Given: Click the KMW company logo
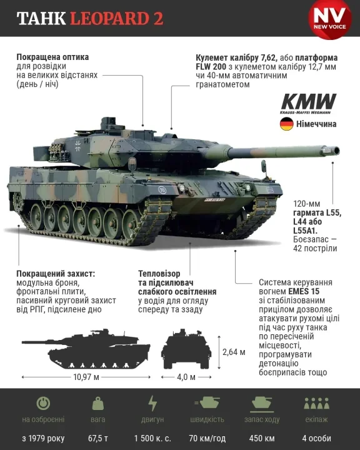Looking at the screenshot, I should [x=309, y=103].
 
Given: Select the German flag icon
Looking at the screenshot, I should [x=286, y=123].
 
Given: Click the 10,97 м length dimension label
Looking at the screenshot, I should [x=86, y=377].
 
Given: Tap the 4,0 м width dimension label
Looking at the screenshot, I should [x=186, y=377].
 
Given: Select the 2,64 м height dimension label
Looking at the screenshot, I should [x=234, y=352].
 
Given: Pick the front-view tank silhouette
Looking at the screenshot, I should [x=186, y=350].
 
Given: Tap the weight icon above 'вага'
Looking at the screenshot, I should [x=98, y=402].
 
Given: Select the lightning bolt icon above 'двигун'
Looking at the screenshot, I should [x=152, y=402].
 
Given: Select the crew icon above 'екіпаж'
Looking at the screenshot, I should [x=316, y=402].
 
